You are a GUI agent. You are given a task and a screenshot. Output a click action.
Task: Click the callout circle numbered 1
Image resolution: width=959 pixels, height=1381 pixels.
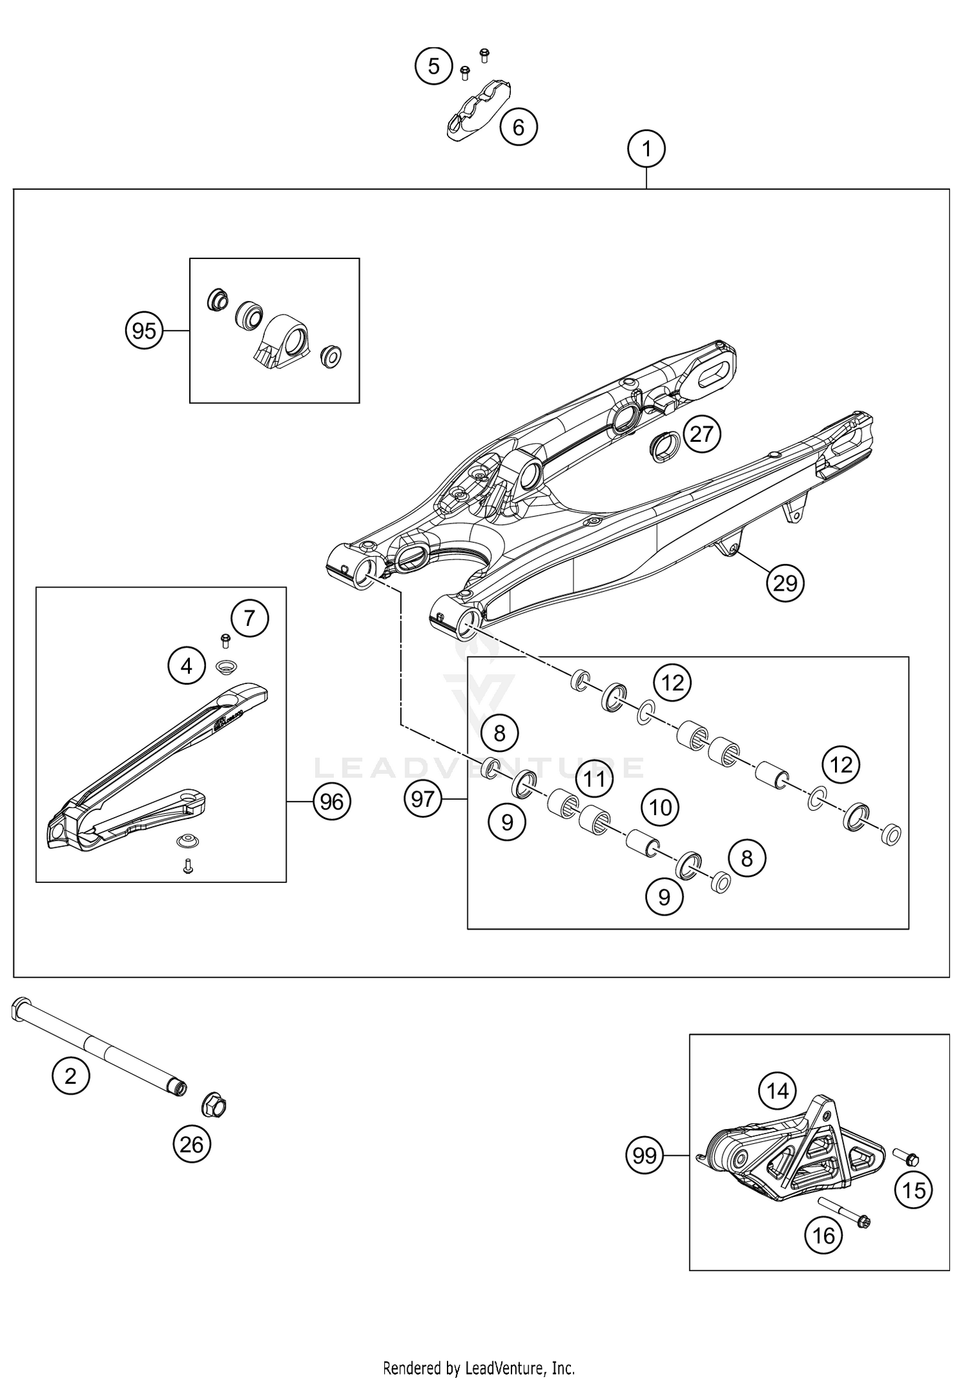[646, 150]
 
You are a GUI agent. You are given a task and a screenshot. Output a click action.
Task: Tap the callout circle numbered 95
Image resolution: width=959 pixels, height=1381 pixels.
[143, 331]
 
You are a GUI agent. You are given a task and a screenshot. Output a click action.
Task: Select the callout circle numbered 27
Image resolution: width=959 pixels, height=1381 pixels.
[701, 434]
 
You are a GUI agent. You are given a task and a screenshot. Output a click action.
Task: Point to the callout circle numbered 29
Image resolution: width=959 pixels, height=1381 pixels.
[785, 583]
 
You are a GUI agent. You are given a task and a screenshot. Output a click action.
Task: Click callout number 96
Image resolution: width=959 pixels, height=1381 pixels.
[332, 801]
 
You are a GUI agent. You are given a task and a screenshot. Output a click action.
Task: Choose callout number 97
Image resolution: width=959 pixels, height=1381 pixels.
[423, 799]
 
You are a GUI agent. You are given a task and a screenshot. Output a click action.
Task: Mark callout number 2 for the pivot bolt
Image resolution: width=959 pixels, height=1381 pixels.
[70, 1076]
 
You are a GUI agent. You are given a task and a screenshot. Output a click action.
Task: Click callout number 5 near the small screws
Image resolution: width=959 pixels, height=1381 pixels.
[433, 66]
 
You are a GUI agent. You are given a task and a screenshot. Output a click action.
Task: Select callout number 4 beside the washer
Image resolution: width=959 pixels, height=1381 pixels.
[186, 667]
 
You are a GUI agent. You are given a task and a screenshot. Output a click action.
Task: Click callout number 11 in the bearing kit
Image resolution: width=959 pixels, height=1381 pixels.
[594, 779]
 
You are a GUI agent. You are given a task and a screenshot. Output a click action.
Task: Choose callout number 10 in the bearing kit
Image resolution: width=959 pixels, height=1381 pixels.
[660, 808]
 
